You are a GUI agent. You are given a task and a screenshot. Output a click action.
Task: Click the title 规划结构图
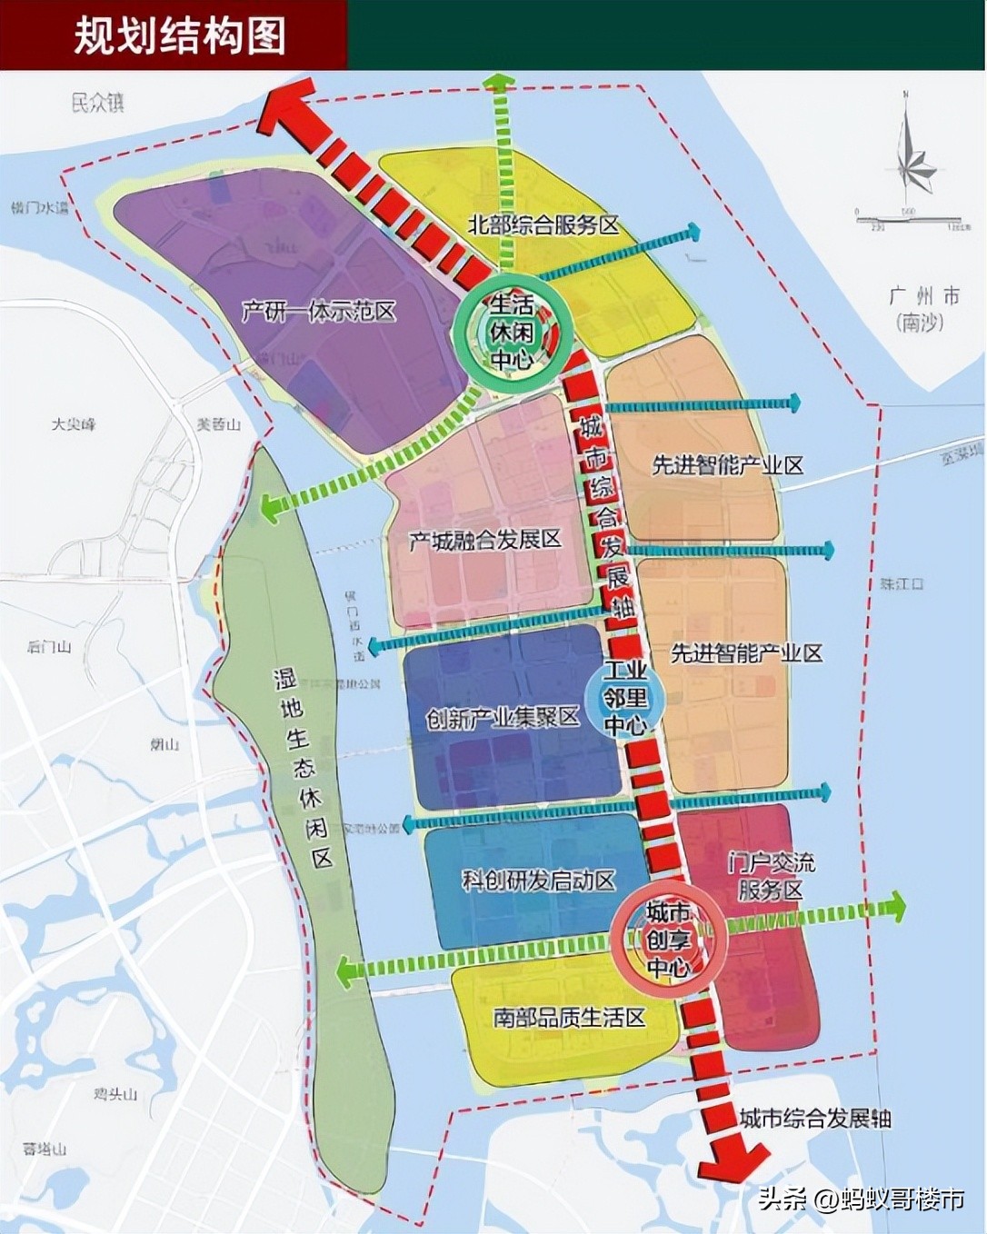[179, 35]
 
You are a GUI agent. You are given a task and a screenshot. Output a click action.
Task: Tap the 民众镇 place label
[98, 102]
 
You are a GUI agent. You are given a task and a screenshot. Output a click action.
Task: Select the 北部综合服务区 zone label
[543, 224]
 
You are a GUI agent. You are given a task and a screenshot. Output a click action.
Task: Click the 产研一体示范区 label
[319, 312]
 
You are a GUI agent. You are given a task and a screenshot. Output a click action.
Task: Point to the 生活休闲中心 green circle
[513, 332]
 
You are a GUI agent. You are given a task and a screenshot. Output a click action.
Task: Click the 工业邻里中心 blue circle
[625, 698]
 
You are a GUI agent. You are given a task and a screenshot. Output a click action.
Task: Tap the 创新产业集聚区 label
[503, 718]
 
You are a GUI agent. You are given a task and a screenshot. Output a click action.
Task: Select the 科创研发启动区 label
[538, 880]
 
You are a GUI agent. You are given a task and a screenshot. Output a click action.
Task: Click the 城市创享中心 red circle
[669, 940]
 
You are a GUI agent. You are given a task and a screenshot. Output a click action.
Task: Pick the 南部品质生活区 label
[569, 1017]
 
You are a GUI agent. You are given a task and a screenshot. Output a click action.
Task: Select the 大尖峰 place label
[74, 424]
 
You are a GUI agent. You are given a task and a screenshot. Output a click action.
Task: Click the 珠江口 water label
[901, 583]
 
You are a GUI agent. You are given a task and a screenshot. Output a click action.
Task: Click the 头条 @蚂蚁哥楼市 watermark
[862, 1199]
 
